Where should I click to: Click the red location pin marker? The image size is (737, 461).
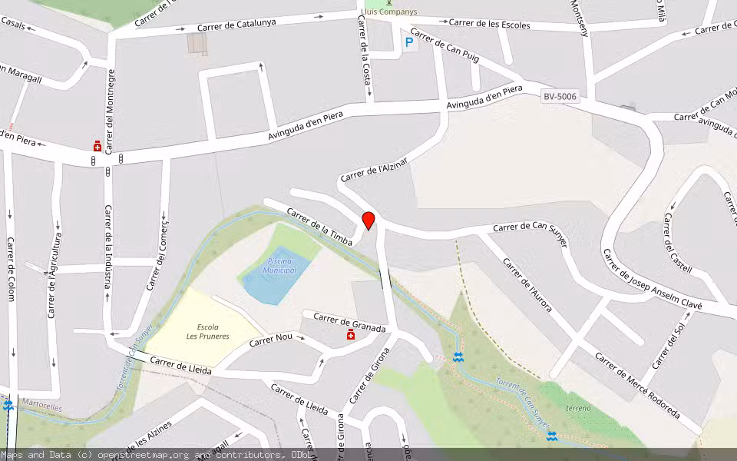point(368,221)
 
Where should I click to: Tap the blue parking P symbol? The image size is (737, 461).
point(408,44)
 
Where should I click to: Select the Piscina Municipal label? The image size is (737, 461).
point(279,266)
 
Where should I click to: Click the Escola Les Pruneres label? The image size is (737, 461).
point(207,332)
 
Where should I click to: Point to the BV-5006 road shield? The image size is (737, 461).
point(560,97)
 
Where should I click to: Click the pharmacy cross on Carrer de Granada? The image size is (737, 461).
point(351,335)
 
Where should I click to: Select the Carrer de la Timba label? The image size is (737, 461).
point(319,227)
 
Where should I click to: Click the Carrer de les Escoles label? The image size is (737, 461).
point(489,24)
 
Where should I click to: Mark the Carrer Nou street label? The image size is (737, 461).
point(273,340)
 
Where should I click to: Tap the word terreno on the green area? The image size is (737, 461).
point(578,408)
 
